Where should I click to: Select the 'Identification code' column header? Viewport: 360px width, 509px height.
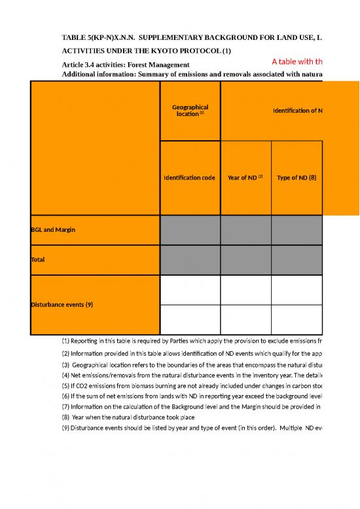click(190, 178)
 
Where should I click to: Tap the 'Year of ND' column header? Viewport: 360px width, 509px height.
click(245, 178)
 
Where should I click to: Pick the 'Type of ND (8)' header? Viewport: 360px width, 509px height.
click(297, 178)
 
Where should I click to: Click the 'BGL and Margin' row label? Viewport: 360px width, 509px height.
click(54, 230)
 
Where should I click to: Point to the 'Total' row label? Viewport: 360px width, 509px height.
click(39, 259)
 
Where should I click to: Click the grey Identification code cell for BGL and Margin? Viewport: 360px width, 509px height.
click(190, 230)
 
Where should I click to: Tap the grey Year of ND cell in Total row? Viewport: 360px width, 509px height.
click(245, 259)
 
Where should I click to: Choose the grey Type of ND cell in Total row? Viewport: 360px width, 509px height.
click(297, 259)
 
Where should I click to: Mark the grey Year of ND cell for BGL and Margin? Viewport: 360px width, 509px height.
click(245, 230)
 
